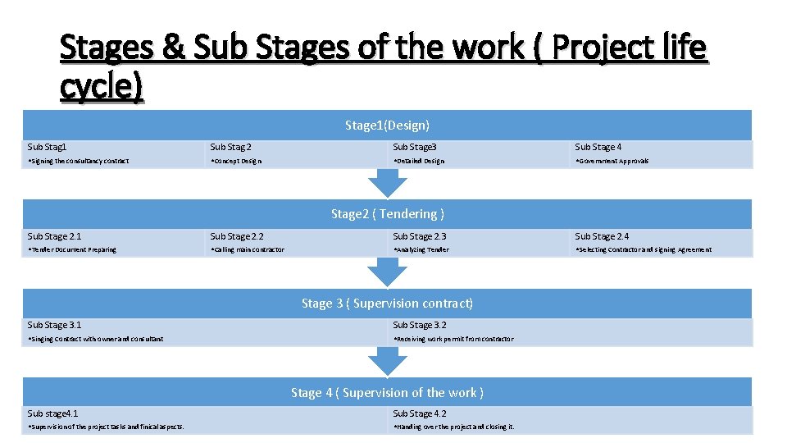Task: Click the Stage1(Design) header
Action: pyautogui.click(x=387, y=126)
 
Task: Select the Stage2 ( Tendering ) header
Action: pyautogui.click(x=387, y=214)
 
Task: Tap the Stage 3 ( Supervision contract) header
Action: pyautogui.click(x=387, y=304)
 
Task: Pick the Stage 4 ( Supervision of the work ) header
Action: pyautogui.click(x=387, y=393)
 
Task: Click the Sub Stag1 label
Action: pyautogui.click(x=48, y=147)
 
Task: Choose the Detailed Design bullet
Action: pyautogui.click(x=419, y=162)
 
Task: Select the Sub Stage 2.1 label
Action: pyautogui.click(x=54, y=236)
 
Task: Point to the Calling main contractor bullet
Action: pyautogui.click(x=248, y=250)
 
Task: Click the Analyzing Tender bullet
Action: pyautogui.click(x=421, y=250)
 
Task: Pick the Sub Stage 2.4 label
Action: pyautogui.click(x=602, y=236)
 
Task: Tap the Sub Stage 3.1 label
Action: pyautogui.click(x=54, y=325)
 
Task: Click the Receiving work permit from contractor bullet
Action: pyautogui.click(x=453, y=339)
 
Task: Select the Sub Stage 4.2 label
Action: pyautogui.click(x=420, y=413)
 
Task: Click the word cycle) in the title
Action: pyautogui.click(x=101, y=85)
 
